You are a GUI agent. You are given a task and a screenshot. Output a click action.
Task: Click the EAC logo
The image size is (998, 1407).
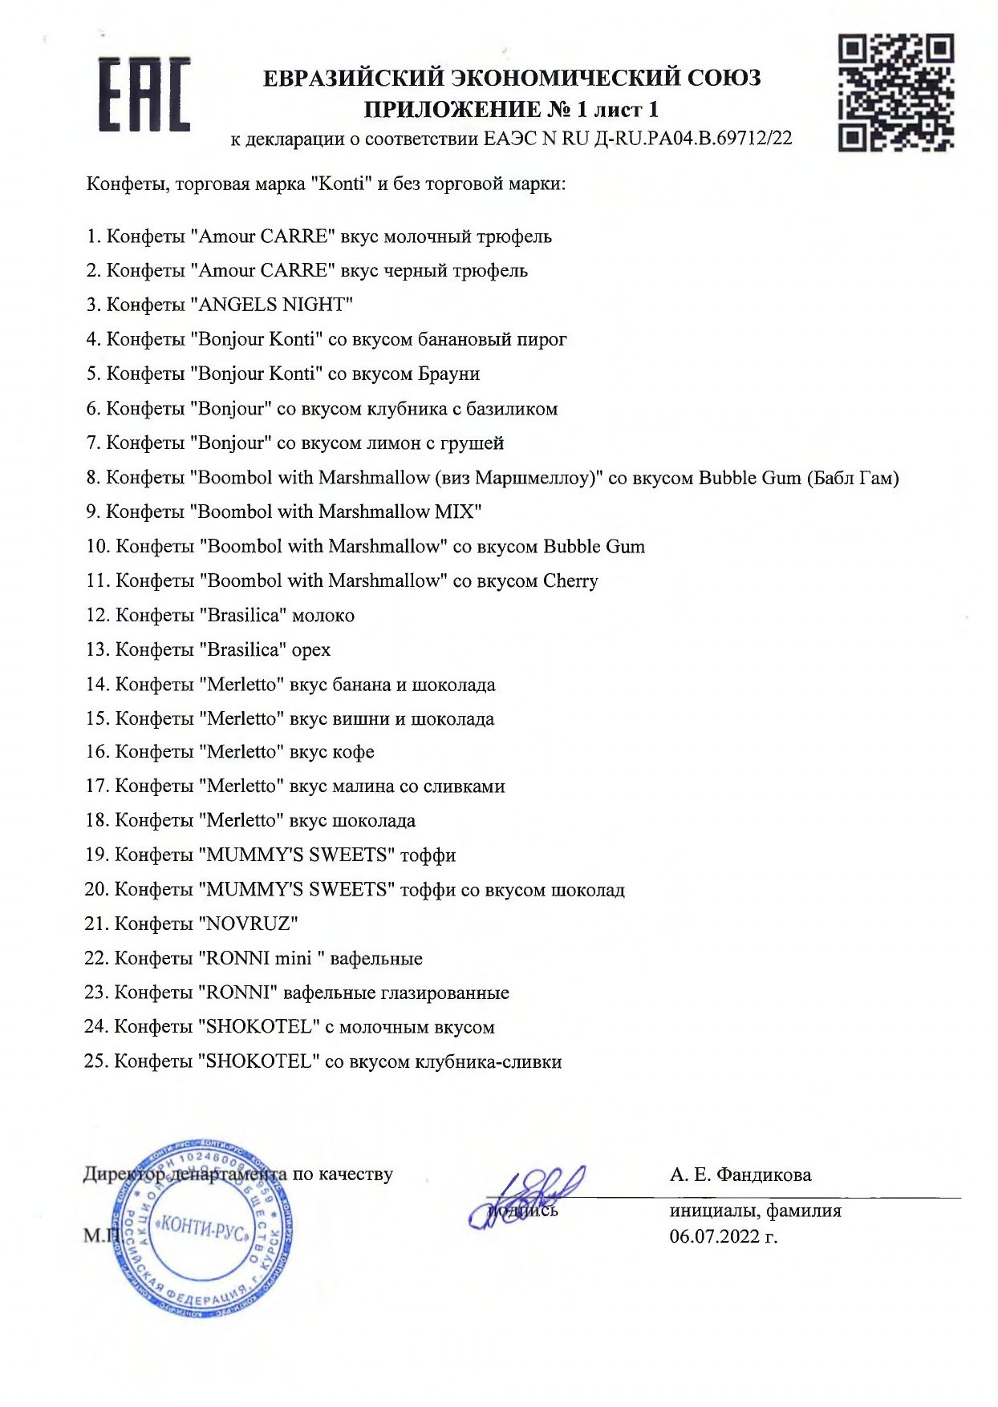pyautogui.click(x=144, y=95)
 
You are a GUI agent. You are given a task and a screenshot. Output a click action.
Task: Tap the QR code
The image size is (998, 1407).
pyautogui.click(x=895, y=92)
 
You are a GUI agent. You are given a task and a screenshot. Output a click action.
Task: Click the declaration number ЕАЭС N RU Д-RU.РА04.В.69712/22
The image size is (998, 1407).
pyautogui.click(x=638, y=139)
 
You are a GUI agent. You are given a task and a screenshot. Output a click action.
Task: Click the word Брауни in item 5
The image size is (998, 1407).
pyautogui.click(x=448, y=374)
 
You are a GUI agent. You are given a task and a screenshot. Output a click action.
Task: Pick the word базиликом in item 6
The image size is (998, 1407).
pyautogui.click(x=512, y=409)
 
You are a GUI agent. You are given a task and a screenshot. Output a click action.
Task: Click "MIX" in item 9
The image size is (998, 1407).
pyautogui.click(x=459, y=511)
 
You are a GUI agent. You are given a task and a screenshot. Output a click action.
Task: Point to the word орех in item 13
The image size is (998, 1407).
pyautogui.click(x=311, y=649)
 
